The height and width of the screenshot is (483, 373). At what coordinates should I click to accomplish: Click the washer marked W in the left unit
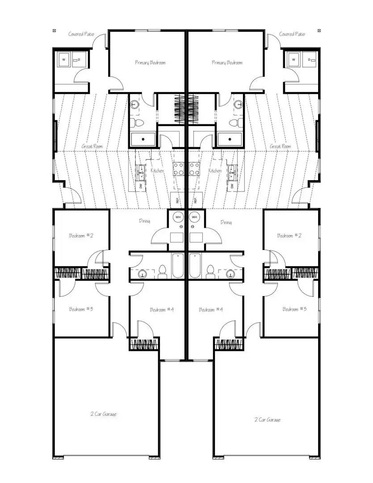[x=63, y=59]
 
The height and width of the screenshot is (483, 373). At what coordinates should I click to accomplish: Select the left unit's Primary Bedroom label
[x=150, y=63]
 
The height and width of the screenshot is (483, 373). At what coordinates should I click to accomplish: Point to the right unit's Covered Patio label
[x=292, y=34]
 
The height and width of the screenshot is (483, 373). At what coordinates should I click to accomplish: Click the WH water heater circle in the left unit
[x=178, y=217]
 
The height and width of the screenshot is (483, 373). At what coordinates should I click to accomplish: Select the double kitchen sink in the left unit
[x=142, y=170]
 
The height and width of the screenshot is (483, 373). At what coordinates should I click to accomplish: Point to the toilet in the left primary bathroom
[x=139, y=122]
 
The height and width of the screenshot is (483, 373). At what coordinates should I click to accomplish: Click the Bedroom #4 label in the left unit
[x=162, y=309]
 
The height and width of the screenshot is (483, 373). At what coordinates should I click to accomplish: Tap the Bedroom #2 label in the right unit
[x=289, y=235]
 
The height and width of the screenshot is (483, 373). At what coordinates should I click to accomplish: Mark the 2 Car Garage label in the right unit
[x=268, y=419]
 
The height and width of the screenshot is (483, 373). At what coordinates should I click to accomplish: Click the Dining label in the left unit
[x=144, y=221]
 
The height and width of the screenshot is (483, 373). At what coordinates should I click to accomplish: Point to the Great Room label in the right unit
[x=281, y=146]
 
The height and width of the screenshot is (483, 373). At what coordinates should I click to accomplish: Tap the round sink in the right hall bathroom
[x=231, y=274]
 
